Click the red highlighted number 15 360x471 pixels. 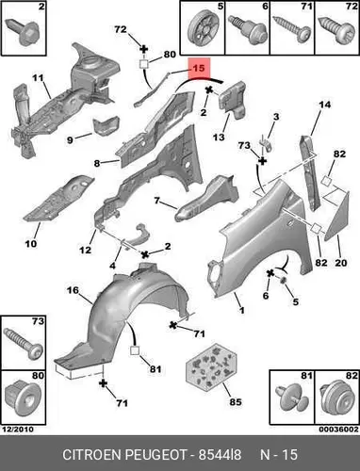click(199, 68)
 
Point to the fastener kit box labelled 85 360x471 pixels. click(211, 365)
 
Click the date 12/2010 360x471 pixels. click(18, 429)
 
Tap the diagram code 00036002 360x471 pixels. click(338, 429)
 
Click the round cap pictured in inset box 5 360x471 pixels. click(202, 29)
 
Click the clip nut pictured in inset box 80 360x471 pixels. click(24, 398)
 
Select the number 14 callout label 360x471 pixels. click(324, 105)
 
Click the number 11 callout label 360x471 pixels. click(38, 77)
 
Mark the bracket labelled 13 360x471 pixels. click(233, 98)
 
